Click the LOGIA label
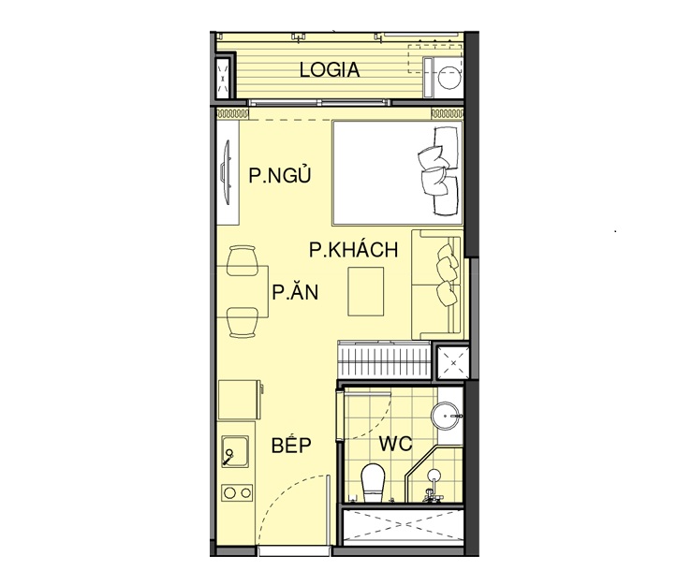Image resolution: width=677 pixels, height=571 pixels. [x=330, y=70]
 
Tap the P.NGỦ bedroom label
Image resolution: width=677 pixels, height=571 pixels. [x=280, y=175]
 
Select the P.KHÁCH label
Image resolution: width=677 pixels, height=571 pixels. [x=354, y=249]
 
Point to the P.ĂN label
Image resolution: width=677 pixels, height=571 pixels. [x=295, y=291]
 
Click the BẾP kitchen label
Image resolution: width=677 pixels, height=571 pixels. [x=291, y=445]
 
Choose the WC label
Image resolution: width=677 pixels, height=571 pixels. [x=395, y=444]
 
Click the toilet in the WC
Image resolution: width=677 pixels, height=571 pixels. [x=373, y=483]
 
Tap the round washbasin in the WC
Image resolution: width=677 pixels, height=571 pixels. [x=445, y=416]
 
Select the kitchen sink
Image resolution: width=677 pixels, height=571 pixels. [x=235, y=451]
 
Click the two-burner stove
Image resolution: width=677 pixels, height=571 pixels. [x=237, y=492]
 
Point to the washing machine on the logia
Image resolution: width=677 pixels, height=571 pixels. [x=443, y=78]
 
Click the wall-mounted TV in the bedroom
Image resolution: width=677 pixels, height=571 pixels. [x=226, y=172]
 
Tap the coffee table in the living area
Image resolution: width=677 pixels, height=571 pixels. [x=366, y=291]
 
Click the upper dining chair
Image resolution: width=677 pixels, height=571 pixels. [x=243, y=260]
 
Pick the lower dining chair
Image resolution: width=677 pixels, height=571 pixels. [x=243, y=322]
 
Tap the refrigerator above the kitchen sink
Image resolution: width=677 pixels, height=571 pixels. [x=240, y=400]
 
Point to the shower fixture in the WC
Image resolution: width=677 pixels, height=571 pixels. [x=434, y=486]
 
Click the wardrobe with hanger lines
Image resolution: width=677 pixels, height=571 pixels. [x=384, y=360]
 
